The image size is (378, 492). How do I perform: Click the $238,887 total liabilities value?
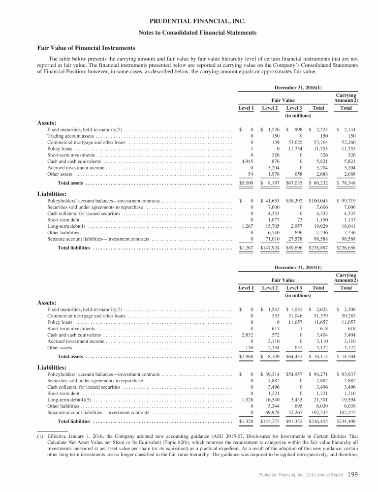[318, 248]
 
